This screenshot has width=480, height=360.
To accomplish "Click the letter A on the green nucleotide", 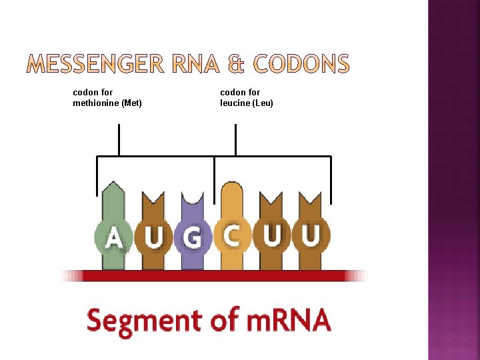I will pyautogui.click(x=115, y=236).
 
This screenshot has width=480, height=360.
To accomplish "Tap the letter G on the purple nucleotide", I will pyautogui.click(x=193, y=237).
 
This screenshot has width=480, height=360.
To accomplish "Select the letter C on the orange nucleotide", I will pyautogui.click(x=232, y=236).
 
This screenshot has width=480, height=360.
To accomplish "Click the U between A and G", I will pyautogui.click(x=154, y=237).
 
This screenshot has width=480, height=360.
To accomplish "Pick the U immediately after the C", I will pyautogui.click(x=271, y=236).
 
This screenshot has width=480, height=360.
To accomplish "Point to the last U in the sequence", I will pyautogui.click(x=311, y=236).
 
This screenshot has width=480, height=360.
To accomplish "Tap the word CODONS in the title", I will pyautogui.click(x=301, y=65).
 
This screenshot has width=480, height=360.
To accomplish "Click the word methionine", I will pyautogui.click(x=95, y=103).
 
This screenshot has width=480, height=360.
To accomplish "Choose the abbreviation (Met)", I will pyautogui.click(x=131, y=103).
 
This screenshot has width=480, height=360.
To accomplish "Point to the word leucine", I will pyautogui.click(x=236, y=103).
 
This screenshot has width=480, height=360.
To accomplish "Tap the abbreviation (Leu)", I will pyautogui.click(x=263, y=103).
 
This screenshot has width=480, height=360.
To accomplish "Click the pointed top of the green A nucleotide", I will pyautogui.click(x=114, y=183).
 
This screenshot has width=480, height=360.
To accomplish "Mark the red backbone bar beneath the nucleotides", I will pyautogui.click(x=213, y=275).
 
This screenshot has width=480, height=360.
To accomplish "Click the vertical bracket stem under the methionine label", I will pyautogui.click(x=119, y=139).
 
